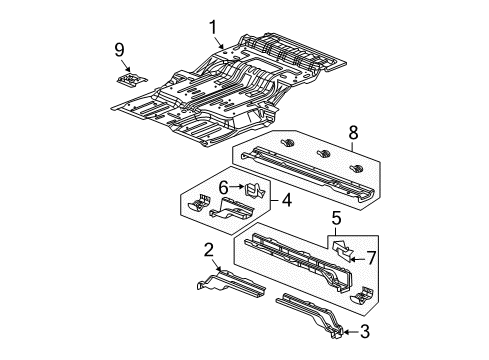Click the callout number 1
coord(212,27)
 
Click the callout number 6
coord(225,185)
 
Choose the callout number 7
coord(371,259)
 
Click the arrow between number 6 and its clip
coord(238,185)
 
